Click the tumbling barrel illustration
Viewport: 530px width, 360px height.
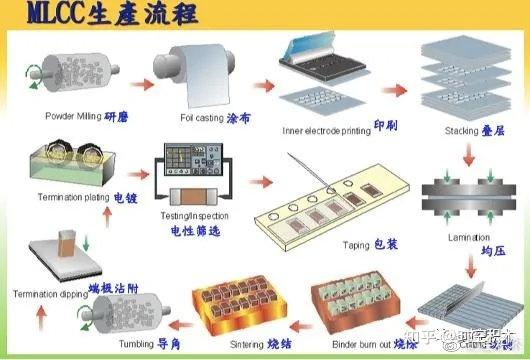click(101, 321)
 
